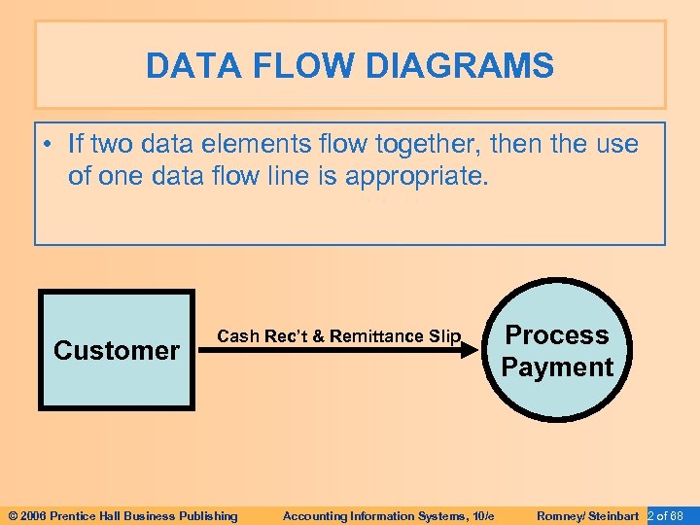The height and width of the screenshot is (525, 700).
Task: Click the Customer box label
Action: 117,350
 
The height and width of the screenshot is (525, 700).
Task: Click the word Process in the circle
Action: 557,334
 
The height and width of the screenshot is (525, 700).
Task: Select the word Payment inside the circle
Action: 557,367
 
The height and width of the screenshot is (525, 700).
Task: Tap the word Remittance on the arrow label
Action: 376,336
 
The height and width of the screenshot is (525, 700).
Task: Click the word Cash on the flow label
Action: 236,336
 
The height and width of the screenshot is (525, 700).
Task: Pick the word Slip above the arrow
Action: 444,336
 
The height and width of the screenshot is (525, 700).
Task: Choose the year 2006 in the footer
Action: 33,515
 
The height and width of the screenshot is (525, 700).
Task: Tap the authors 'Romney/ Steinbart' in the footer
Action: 587,515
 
